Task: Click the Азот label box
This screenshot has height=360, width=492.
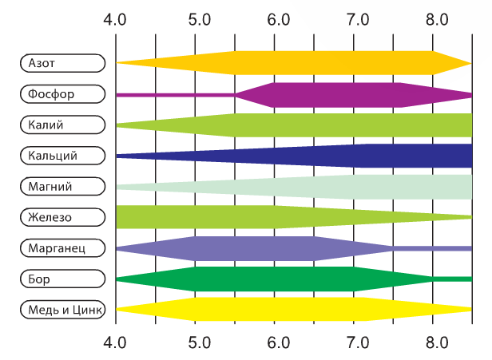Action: point(62,62)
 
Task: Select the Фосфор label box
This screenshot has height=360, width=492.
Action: point(62,93)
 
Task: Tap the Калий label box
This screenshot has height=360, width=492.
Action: point(62,125)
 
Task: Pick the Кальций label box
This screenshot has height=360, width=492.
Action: point(62,155)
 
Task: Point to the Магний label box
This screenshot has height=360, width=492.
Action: point(62,186)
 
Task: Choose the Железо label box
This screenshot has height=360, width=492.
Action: point(62,217)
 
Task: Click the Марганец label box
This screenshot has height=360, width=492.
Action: point(62,247)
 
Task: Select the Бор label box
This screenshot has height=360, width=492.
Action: point(62,279)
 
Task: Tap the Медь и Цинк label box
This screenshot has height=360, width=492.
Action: point(62,309)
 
